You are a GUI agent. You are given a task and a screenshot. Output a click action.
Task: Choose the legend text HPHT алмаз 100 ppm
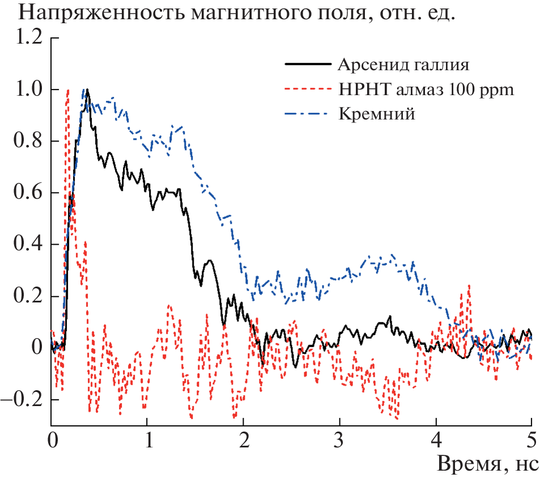(x=426, y=89)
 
